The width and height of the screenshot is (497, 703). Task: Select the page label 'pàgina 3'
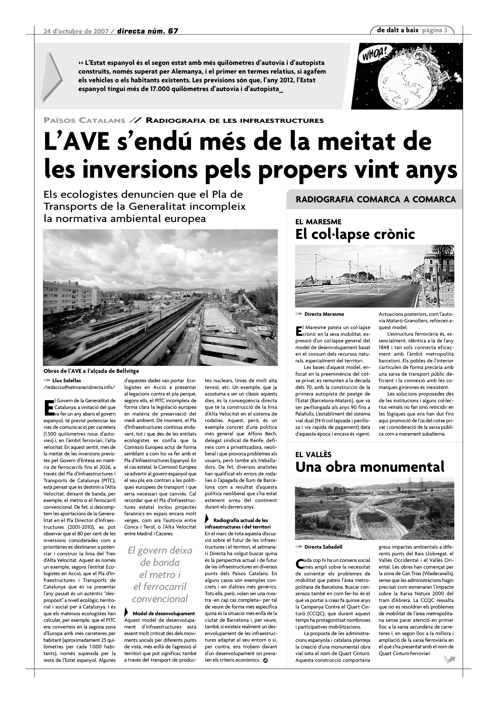[x=435, y=30]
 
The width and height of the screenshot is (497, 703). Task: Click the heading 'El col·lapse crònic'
[x=355, y=235]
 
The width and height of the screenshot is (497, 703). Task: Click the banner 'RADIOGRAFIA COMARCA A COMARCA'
[x=376, y=200]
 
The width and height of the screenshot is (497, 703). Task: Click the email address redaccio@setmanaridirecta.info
[x=80, y=387]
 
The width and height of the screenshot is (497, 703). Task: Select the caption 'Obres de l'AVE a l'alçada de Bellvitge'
[x=91, y=371]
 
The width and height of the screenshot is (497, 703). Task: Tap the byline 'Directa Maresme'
[x=324, y=314]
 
